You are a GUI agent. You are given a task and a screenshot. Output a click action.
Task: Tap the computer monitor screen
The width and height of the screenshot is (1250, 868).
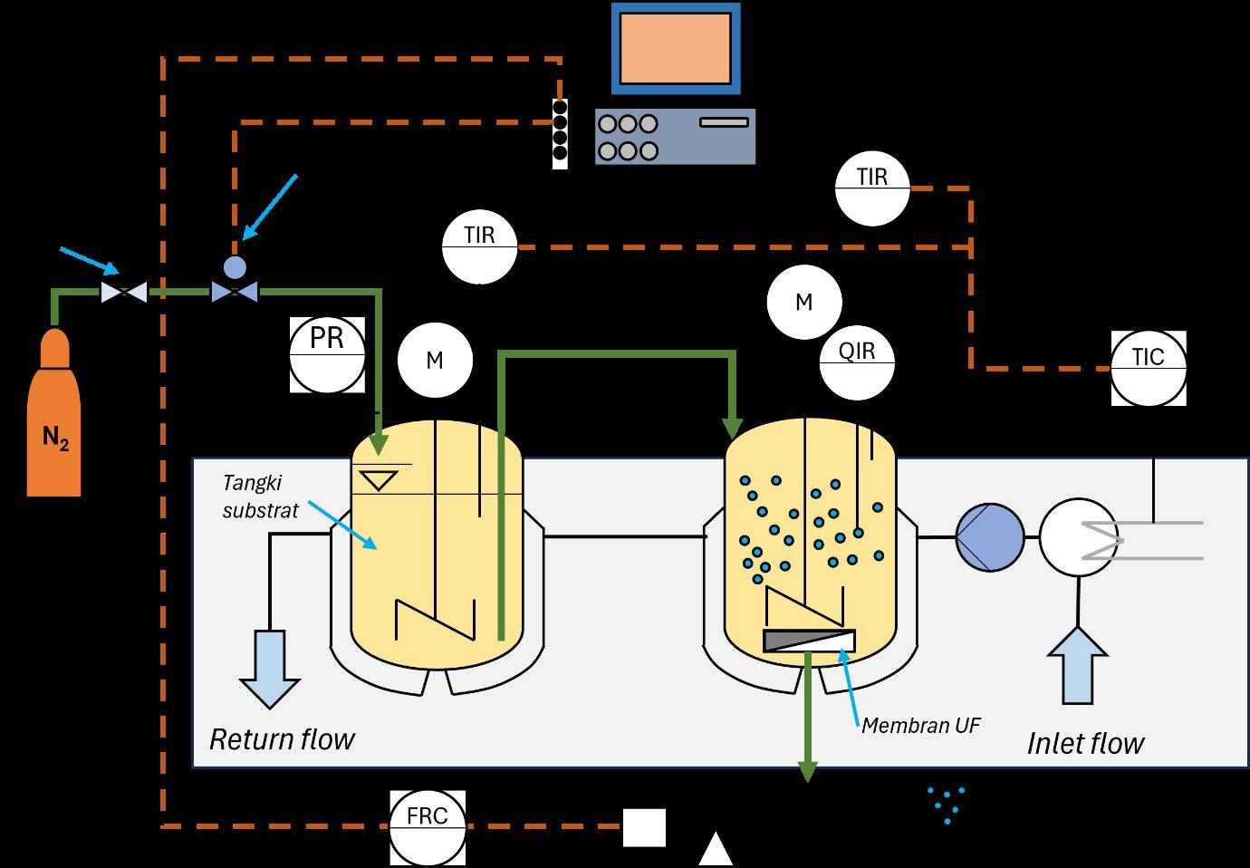pos(676,49)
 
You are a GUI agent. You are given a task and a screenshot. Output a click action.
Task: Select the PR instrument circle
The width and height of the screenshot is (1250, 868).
pos(327,355)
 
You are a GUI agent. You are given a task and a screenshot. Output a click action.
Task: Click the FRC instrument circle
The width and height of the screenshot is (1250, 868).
pos(428,828)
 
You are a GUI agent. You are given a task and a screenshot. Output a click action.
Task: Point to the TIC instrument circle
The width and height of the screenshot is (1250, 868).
pos(1149,368)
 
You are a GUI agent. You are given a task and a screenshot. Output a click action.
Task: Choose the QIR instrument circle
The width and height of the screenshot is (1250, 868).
pos(857,362)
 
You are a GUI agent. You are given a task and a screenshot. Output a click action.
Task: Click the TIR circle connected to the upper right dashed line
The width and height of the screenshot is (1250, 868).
pos(872,188)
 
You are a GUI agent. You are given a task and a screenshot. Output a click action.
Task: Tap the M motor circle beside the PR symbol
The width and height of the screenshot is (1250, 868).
pos(436,360)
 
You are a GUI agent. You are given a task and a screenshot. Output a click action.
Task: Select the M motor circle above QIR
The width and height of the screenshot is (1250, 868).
pos(804,302)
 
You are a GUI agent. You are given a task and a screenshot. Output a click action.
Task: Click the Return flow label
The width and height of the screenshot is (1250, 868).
pos(283,739)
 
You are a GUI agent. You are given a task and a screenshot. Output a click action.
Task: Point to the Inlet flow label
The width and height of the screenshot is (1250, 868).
pos(1086,744)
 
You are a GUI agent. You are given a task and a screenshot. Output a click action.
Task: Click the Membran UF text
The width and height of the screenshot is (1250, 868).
pos(921,726)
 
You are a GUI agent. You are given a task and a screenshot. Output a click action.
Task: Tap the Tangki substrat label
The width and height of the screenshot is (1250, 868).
pos(260,497)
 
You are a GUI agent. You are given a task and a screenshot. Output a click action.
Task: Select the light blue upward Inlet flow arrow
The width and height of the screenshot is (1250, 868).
pos(1078,665)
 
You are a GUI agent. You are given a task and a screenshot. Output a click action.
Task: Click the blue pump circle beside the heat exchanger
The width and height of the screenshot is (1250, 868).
pos(990,537)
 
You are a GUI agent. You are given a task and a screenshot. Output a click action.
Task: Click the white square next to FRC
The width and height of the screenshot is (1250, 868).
pos(644,828)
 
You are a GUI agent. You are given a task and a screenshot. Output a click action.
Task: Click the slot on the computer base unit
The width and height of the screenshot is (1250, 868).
pos(725,122)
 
